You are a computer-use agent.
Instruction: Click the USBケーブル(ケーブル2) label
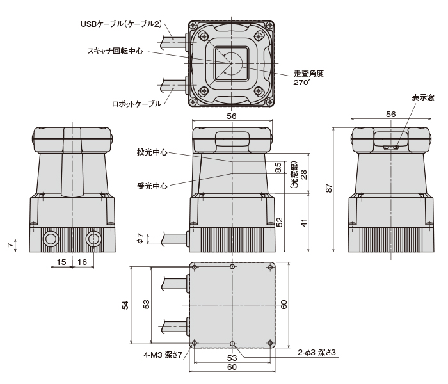120,24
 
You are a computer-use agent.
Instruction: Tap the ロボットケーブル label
136,104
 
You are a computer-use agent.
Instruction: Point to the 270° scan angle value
301,83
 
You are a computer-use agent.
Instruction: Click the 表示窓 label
422,98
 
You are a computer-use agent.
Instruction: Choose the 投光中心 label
152,152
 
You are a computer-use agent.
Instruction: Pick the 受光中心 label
152,186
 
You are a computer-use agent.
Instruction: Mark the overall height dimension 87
329,188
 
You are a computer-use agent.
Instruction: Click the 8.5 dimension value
278,168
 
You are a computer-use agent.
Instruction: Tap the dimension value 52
279,221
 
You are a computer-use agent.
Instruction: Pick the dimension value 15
61,262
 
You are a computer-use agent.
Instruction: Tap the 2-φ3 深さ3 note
317,353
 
